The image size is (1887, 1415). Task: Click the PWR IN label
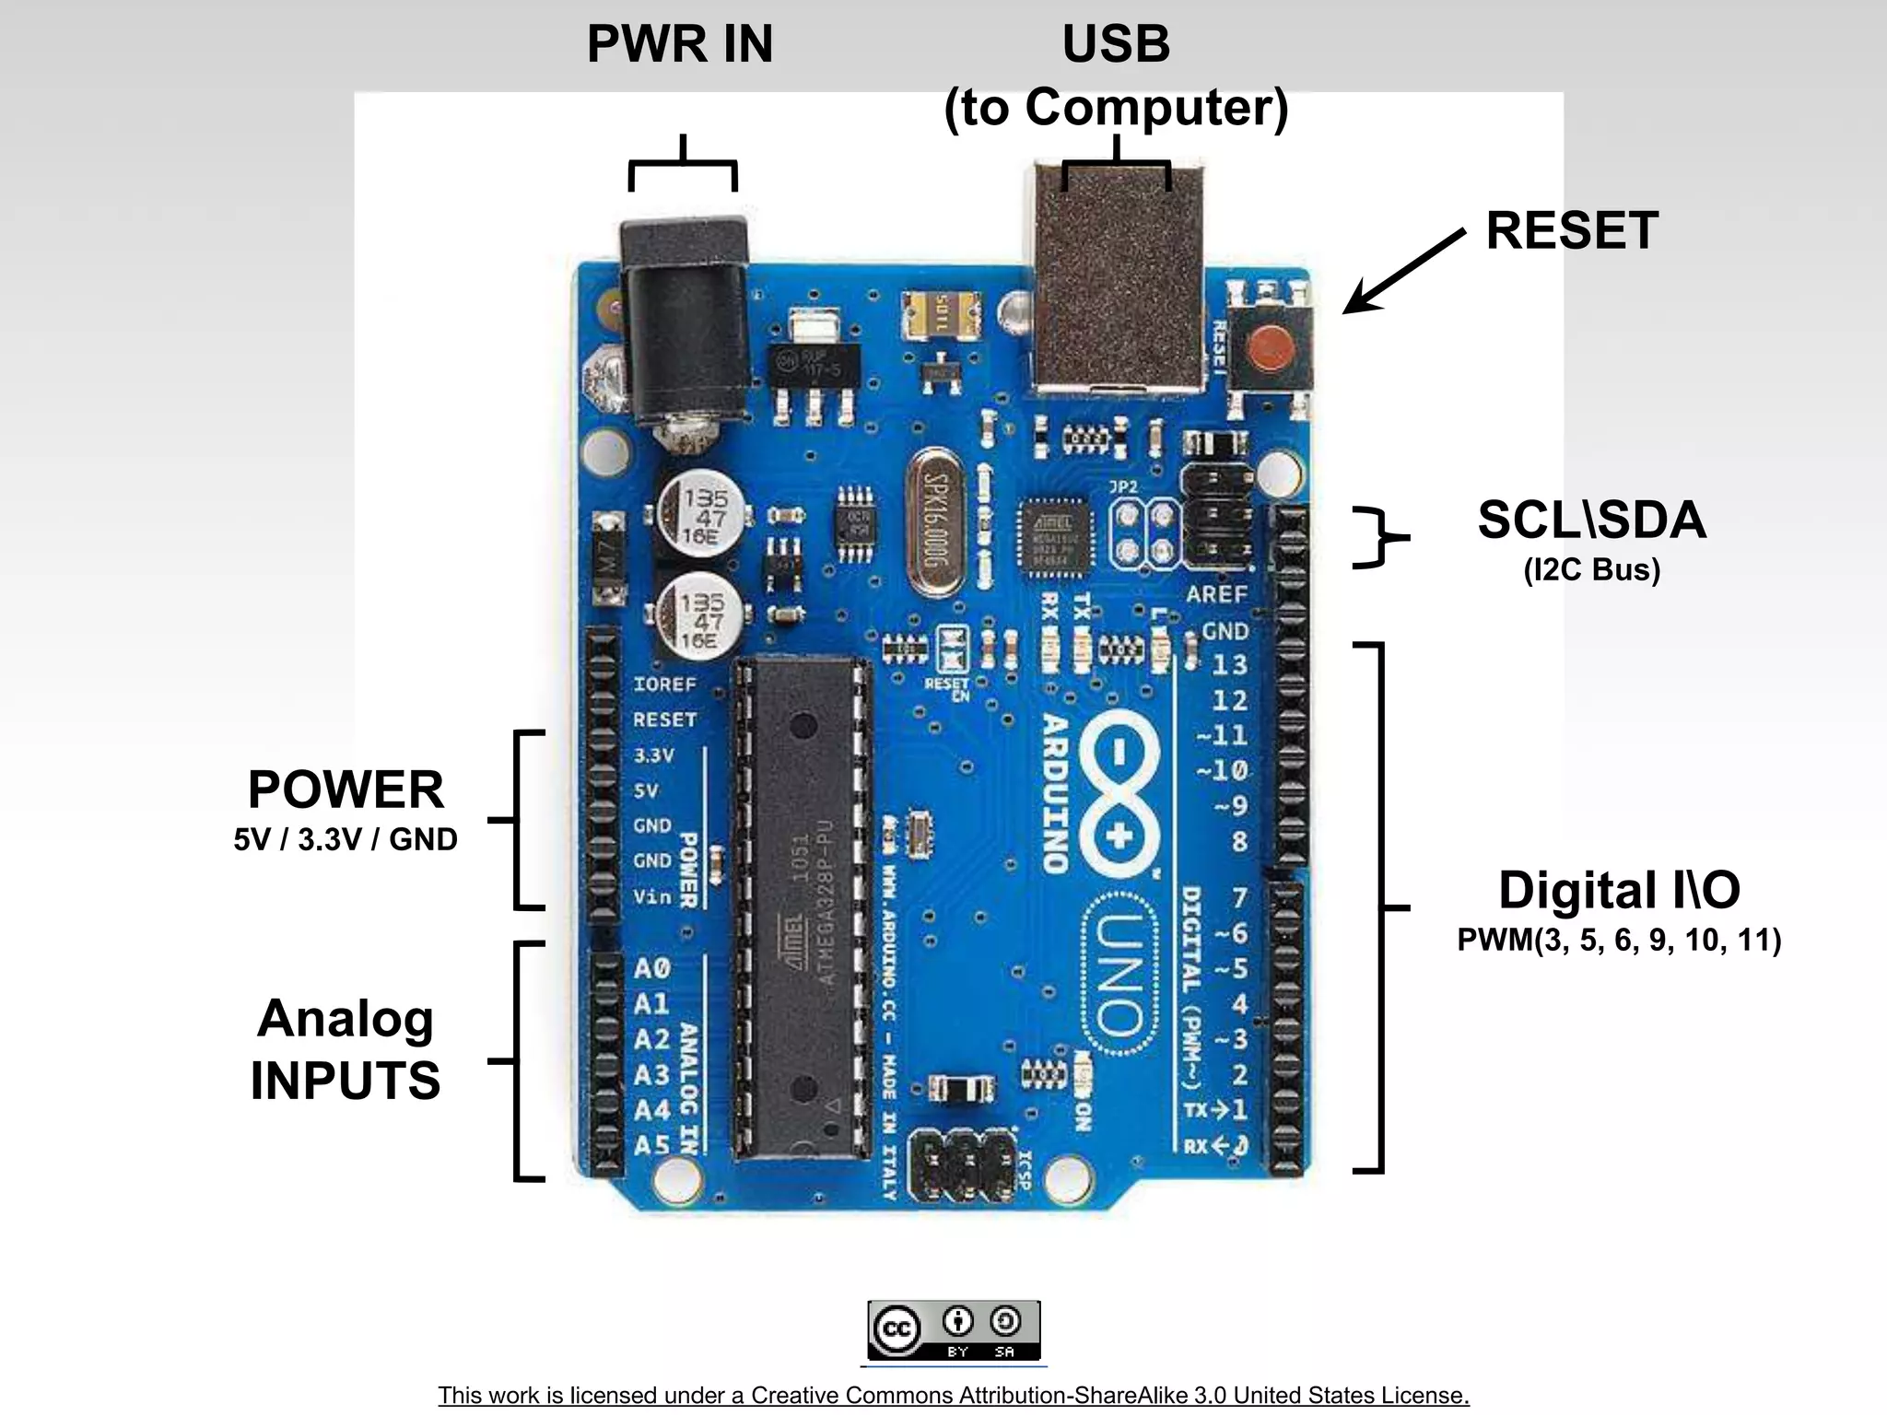(x=680, y=44)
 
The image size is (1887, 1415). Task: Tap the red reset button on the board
(x=1270, y=348)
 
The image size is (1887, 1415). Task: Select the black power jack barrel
(x=684, y=322)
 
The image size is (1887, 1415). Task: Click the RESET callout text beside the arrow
(x=1572, y=230)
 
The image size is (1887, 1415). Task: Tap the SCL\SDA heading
(x=1591, y=520)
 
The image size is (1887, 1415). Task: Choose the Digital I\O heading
(x=1619, y=890)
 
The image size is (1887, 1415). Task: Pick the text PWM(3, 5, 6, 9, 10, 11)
(x=1619, y=941)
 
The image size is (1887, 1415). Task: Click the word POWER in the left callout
(x=346, y=789)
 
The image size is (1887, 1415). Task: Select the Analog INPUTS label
(x=346, y=1049)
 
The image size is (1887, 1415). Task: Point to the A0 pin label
(x=651, y=969)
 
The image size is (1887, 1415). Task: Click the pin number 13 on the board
(x=1229, y=665)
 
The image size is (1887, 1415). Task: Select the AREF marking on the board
(x=1216, y=595)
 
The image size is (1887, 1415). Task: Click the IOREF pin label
(x=664, y=684)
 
